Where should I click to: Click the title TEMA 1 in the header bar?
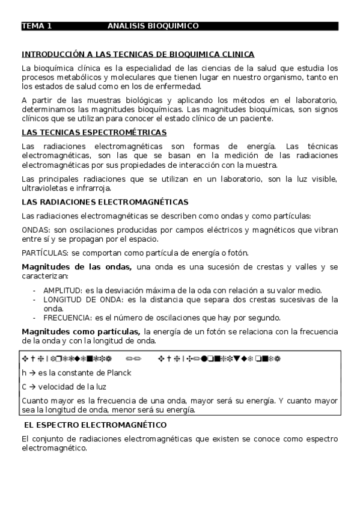pos(37,26)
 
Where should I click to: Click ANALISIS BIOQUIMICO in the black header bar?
pos(153,26)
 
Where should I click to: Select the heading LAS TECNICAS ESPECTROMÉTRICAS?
pos(94,132)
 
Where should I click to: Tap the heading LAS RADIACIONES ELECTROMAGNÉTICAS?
pos(105,202)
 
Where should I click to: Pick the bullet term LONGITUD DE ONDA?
pos(83,299)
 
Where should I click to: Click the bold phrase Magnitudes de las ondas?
pos(77,266)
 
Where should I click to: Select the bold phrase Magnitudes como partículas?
pos(81,331)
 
